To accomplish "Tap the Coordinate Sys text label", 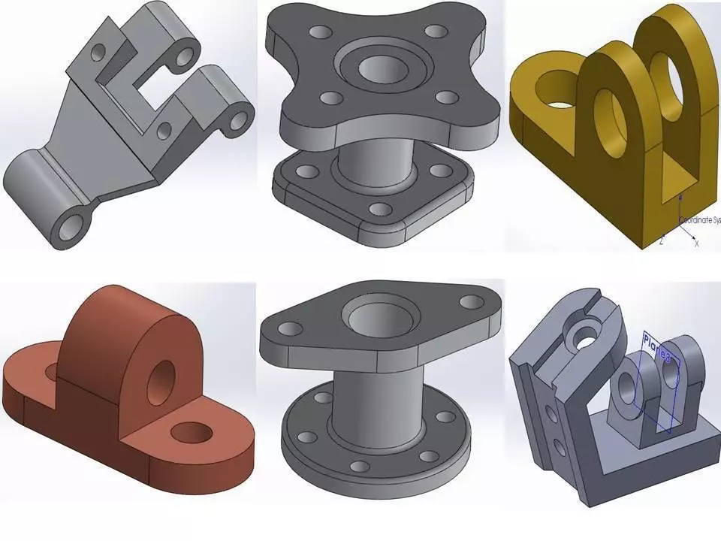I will [699, 220].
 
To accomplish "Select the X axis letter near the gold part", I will [696, 243].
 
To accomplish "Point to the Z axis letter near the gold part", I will [661, 241].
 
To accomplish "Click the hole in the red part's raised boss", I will [161, 382].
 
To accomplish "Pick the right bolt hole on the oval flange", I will [471, 301].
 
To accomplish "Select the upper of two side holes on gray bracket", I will [551, 413].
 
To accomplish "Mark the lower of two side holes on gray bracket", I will [560, 448].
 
